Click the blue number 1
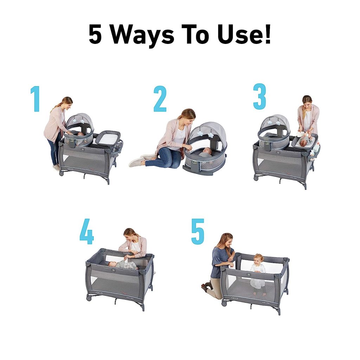click(x=35, y=99)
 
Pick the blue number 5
click(x=198, y=232)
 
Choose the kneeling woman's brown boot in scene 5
click(x=205, y=288)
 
